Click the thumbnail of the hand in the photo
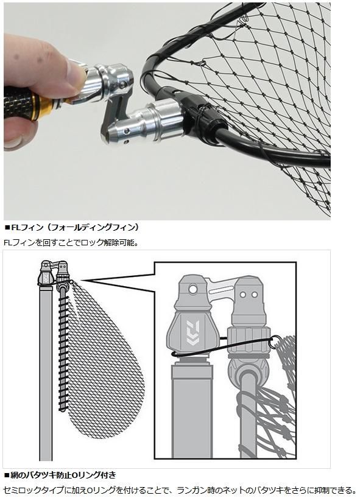coord(76,73)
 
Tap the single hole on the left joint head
coord(192,290)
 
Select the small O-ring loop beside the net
coord(275,342)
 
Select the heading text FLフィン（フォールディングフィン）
coord(72,228)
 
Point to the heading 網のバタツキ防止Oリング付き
coord(60,475)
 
